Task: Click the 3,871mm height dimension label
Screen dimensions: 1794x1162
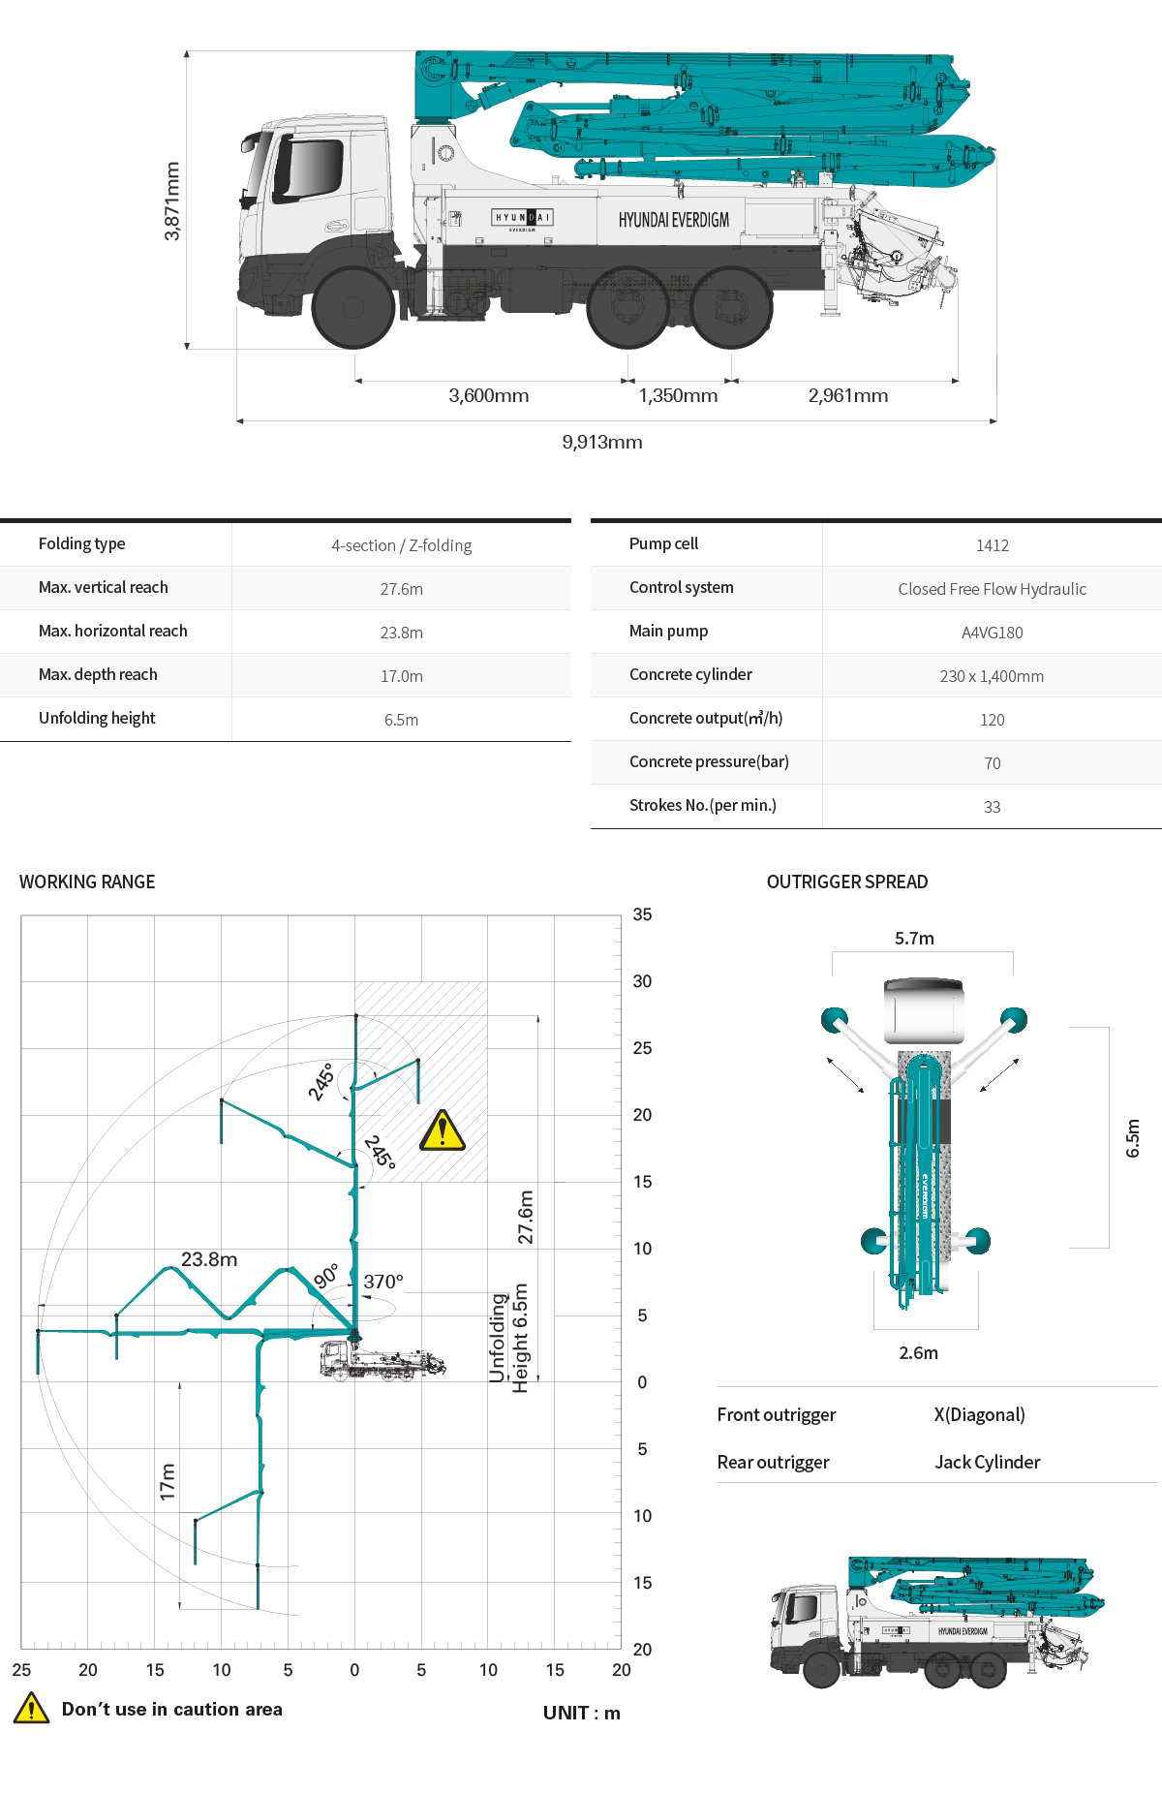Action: [172, 201]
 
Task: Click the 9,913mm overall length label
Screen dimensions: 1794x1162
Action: [602, 443]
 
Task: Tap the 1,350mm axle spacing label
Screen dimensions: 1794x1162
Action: [678, 396]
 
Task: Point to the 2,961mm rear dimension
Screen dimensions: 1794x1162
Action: [848, 396]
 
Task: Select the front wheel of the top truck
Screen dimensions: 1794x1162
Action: [352, 307]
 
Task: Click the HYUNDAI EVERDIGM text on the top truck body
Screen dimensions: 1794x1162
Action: [674, 220]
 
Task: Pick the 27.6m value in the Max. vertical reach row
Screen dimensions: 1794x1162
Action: [401, 589]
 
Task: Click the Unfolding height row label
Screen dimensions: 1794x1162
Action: [97, 718]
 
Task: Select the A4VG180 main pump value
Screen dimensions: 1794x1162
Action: [992, 633]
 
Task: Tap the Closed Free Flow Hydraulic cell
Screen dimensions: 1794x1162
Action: [992, 589]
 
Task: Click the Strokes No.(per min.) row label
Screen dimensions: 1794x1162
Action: [703, 805]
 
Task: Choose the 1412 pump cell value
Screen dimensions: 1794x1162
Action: [992, 545]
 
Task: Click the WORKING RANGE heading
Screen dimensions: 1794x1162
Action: [87, 882]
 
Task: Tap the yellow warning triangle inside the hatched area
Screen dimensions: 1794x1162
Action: [443, 1130]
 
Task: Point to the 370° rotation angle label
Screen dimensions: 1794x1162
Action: [383, 1282]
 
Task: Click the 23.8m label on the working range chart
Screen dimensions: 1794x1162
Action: [209, 1259]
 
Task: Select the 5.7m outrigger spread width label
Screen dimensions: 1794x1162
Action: [914, 938]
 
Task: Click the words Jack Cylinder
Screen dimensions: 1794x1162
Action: [987, 1462]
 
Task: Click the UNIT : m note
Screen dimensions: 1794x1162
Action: [581, 1713]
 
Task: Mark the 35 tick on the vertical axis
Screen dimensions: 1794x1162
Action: [642, 914]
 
